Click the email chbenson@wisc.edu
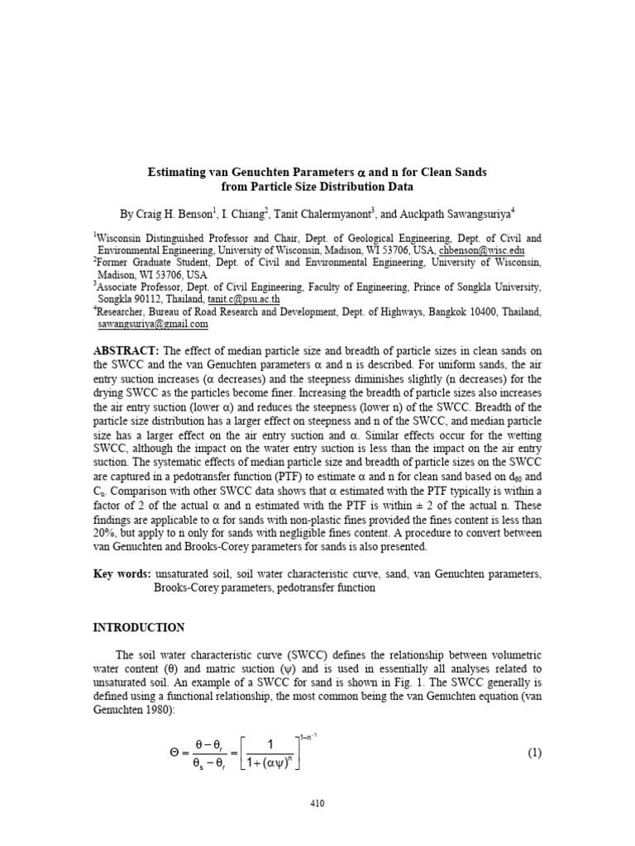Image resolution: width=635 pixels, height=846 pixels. point(480,250)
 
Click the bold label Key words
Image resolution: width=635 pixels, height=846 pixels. point(122,573)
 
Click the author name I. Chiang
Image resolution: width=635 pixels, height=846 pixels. point(242,213)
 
